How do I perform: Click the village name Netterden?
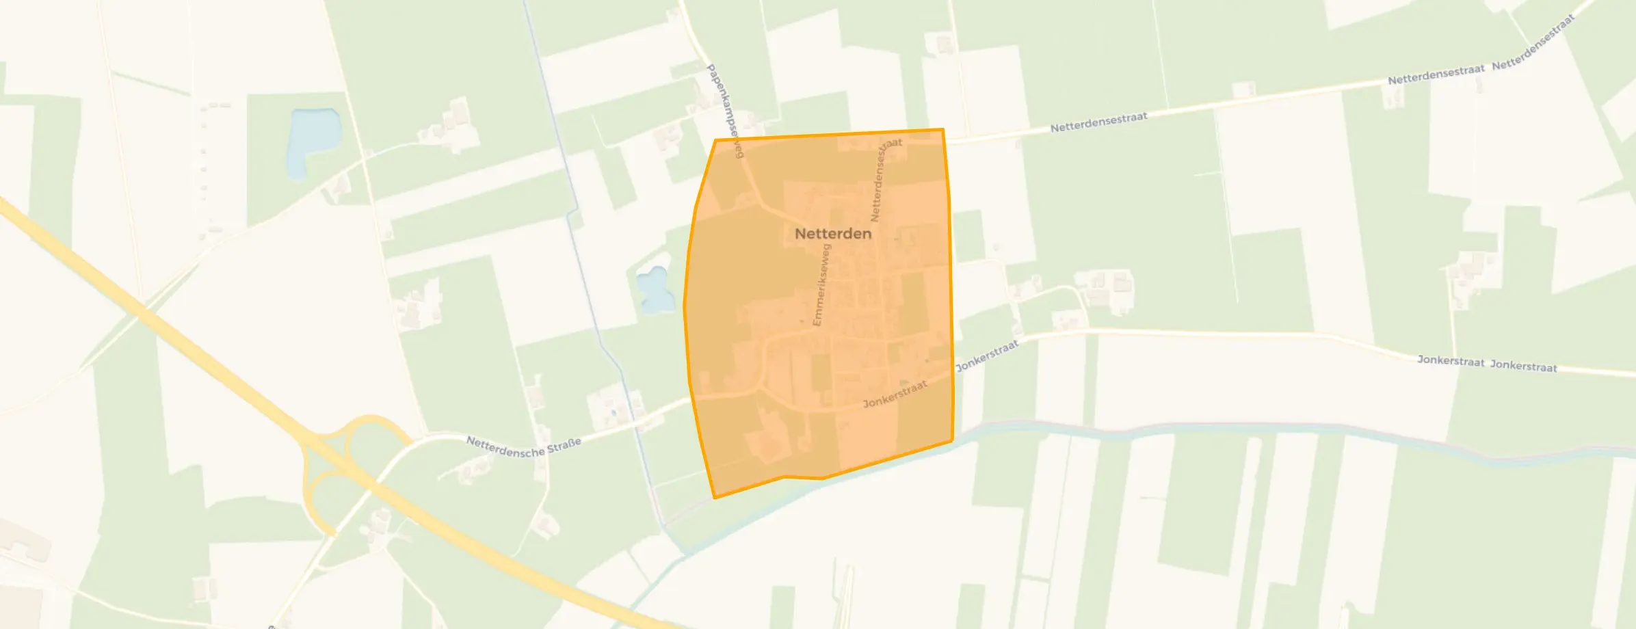pos(833,234)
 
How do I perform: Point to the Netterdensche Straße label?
pos(523,446)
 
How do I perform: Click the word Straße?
pos(564,445)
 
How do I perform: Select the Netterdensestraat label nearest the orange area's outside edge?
pos(1098,122)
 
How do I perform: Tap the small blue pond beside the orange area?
pos(654,290)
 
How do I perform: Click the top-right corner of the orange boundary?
pos(943,129)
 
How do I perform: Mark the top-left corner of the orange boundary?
pos(715,140)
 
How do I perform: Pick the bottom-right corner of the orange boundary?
pos(952,441)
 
